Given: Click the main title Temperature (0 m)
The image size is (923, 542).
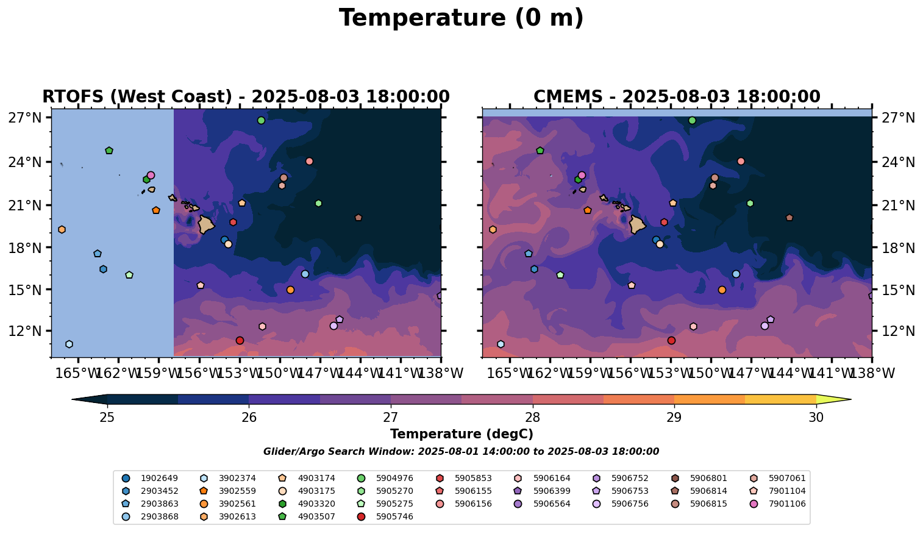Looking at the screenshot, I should [461, 18].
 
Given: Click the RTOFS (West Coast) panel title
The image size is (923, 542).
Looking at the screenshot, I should [246, 97].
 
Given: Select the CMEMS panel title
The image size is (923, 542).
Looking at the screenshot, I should [677, 97].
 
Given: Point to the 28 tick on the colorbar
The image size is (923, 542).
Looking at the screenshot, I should [533, 417].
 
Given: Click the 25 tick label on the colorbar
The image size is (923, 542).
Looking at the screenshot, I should [107, 417].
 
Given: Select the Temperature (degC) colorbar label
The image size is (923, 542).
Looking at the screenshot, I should [461, 434].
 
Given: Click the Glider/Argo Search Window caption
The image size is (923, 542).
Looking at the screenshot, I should [461, 452].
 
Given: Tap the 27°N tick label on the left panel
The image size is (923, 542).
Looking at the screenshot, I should [25, 118].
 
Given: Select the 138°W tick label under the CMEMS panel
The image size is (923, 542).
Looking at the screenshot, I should [871, 373].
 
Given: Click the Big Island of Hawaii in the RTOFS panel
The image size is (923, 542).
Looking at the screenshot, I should [206, 224].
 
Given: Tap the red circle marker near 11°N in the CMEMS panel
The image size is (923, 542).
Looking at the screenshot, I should [671, 340].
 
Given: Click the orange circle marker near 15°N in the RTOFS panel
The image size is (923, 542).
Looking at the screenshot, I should [290, 290].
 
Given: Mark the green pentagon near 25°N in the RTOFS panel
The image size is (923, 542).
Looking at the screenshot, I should [109, 151].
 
